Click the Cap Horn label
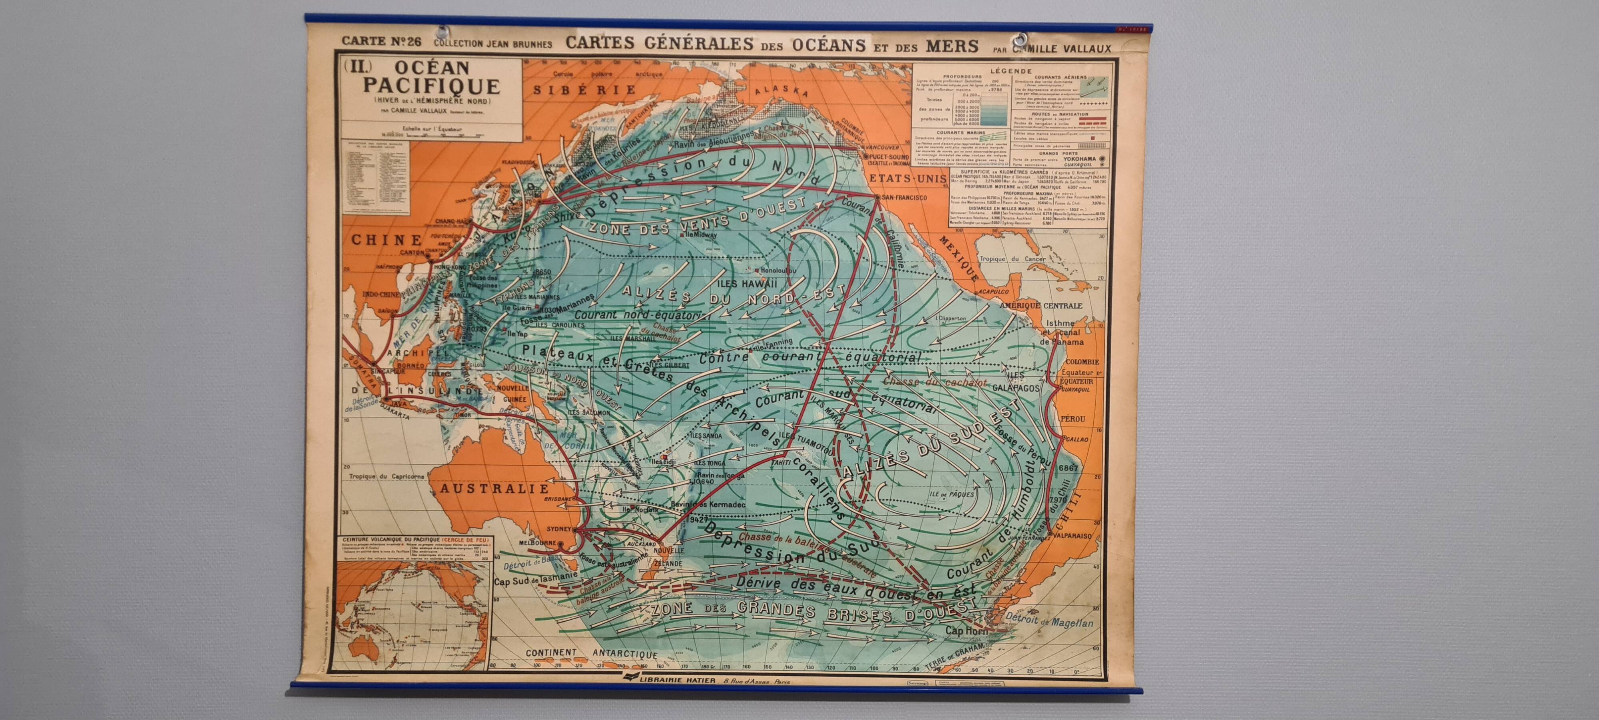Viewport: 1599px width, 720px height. tap(966, 630)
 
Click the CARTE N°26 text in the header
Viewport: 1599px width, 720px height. tap(381, 42)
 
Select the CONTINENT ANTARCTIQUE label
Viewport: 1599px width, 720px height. tap(591, 654)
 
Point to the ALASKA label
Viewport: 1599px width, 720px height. tap(781, 91)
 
